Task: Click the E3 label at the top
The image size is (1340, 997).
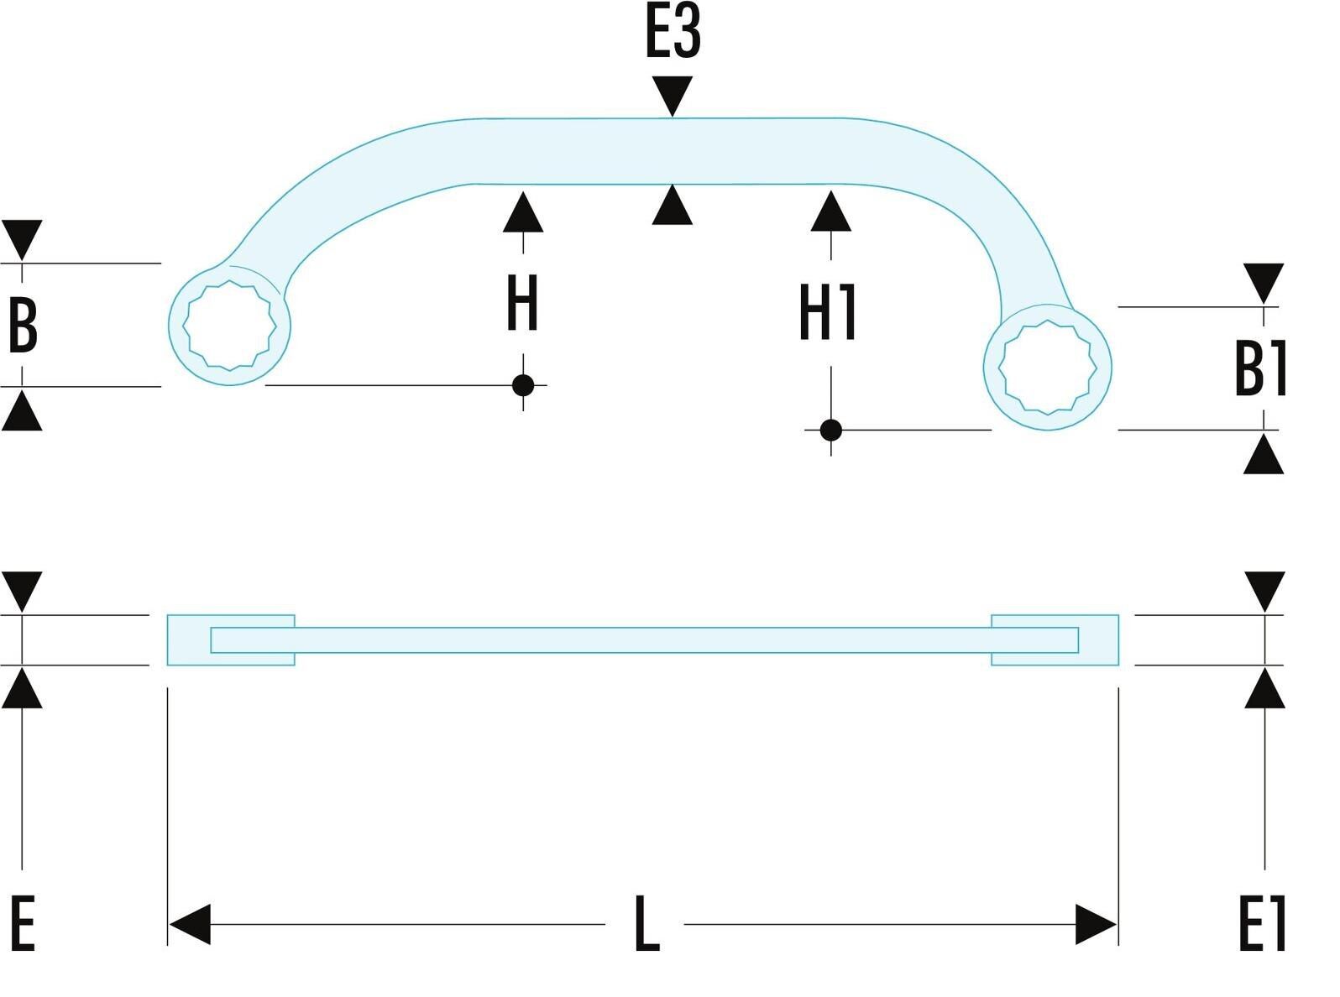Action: click(672, 33)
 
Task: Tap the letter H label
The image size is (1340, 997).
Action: click(522, 303)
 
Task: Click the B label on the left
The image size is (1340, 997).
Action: click(22, 326)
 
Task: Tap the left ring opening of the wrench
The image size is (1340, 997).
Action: click(230, 326)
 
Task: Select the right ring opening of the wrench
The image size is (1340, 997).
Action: click(1047, 368)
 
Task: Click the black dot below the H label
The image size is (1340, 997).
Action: click(523, 385)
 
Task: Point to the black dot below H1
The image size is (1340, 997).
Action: click(830, 431)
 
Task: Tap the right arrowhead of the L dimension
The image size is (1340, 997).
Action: click(1096, 924)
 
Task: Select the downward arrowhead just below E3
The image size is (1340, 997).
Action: click(673, 95)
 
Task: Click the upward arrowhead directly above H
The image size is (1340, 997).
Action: click(523, 213)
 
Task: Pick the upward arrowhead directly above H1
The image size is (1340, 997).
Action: click(831, 212)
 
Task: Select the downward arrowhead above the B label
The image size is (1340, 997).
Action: click(22, 239)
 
